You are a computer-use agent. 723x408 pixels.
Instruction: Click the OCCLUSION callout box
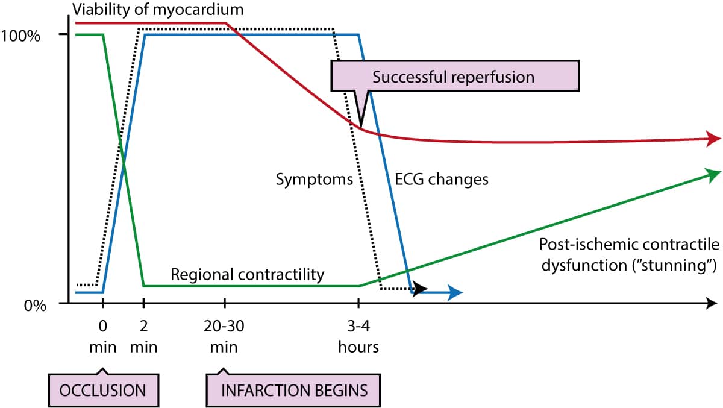(102, 389)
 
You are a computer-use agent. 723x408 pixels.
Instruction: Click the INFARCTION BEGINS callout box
(295, 389)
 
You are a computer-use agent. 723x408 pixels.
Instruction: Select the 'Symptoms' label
(314, 179)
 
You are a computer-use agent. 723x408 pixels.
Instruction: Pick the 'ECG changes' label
(441, 179)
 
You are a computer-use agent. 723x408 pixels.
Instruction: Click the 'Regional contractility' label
(248, 275)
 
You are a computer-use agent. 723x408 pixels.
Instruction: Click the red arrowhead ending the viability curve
(713, 138)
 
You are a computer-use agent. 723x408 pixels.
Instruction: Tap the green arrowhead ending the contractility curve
(713, 174)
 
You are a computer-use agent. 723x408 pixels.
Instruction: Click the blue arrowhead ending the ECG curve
(455, 293)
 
